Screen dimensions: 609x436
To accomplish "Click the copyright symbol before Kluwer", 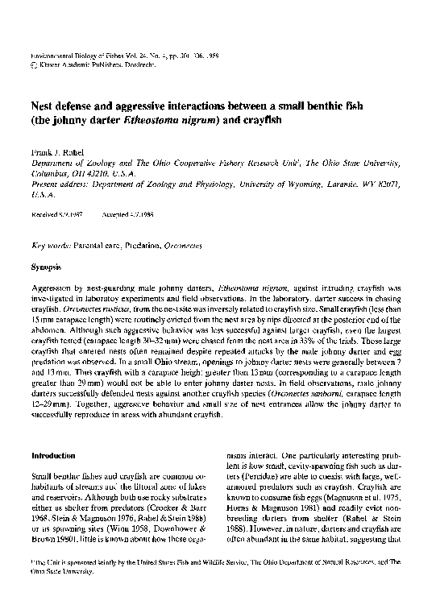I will click(33, 63).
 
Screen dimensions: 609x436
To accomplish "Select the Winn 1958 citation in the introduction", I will click(113, 531).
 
